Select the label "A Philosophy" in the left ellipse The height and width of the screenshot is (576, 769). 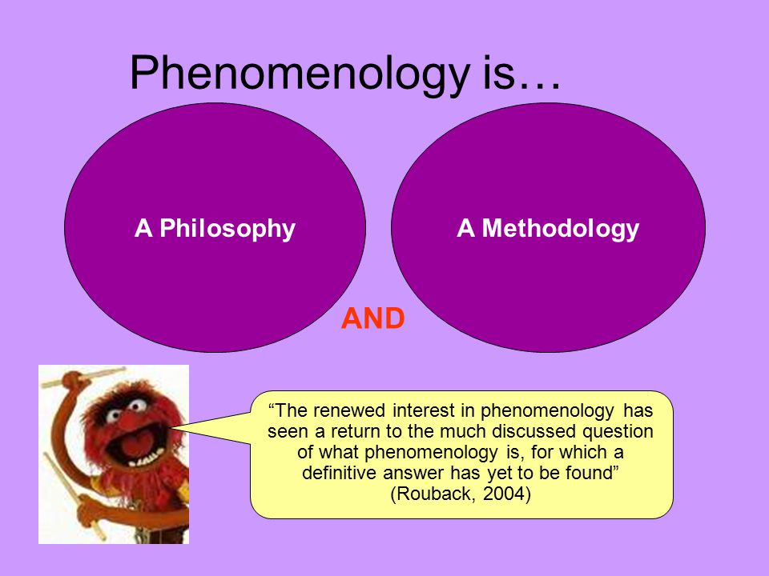coord(215,229)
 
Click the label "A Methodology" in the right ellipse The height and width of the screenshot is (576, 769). coord(548,229)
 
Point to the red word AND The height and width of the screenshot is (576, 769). coord(372,319)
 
